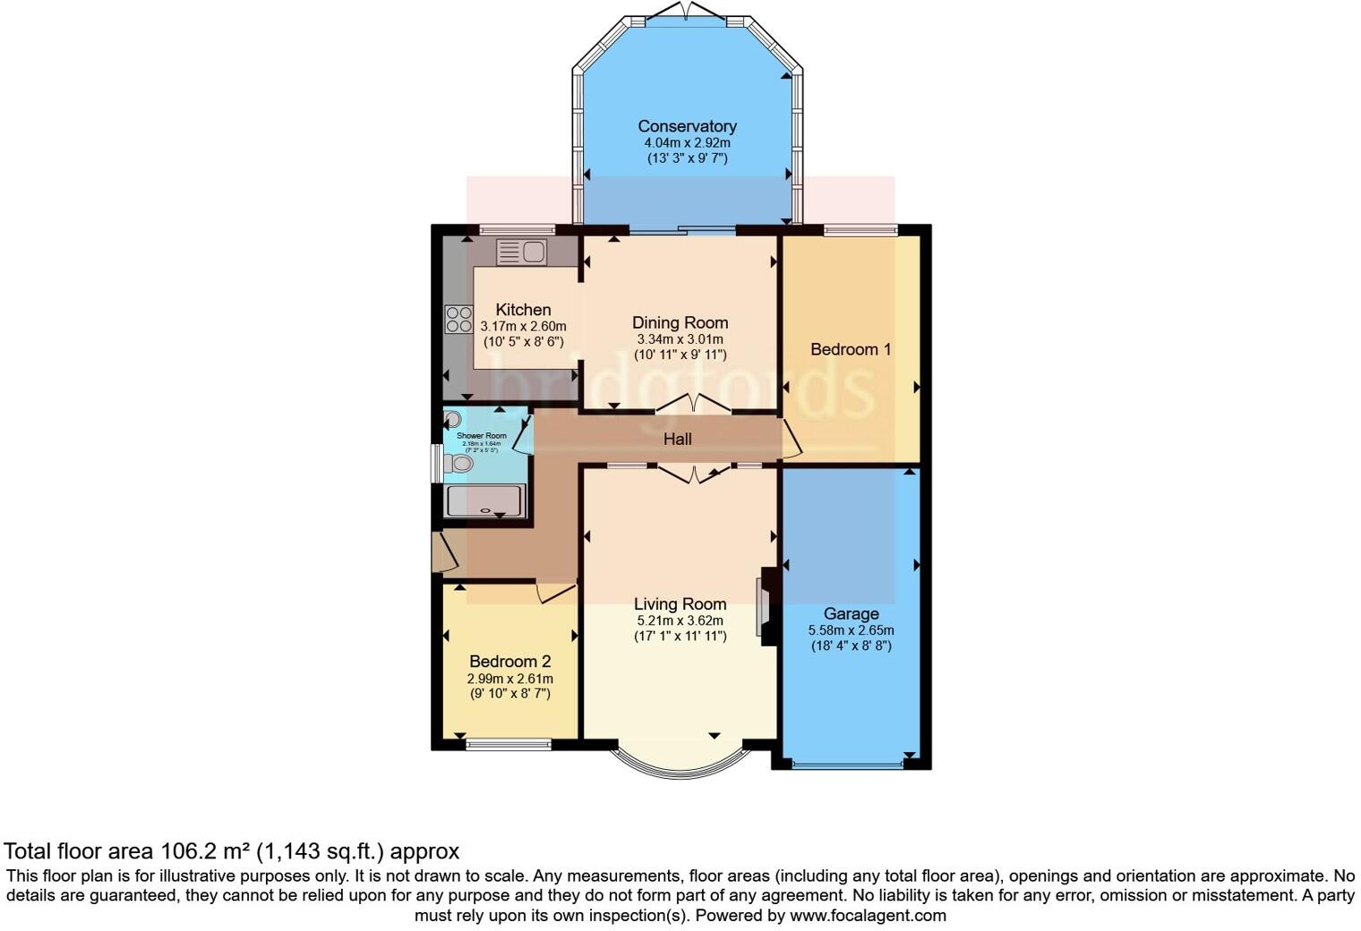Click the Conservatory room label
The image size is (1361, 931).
[687, 126]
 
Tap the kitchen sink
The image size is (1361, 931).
[521, 252]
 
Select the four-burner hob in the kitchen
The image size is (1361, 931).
[459, 320]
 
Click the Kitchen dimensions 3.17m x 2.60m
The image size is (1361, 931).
[523, 327]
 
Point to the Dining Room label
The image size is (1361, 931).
[680, 322]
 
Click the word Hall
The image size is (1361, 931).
[677, 439]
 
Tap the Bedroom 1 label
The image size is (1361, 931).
[850, 349]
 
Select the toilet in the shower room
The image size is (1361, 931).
[458, 463]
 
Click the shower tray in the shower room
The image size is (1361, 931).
[484, 500]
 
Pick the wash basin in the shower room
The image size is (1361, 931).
[452, 419]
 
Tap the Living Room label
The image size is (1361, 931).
[680, 603]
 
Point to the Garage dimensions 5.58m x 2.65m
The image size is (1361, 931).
[851, 630]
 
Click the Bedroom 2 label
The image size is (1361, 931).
[509, 662]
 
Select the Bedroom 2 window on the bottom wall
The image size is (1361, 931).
[508, 743]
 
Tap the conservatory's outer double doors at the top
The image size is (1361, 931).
[686, 12]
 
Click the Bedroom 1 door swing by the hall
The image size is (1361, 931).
[790, 439]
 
